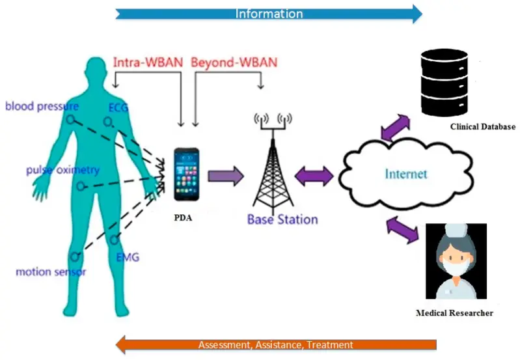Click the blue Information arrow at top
tap(269, 13)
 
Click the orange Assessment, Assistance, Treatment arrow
tap(275, 344)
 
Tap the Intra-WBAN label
tap(148, 63)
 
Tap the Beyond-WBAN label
tap(234, 63)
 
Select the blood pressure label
tap(42, 106)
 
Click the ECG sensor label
tap(118, 107)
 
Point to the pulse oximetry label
tap(62, 171)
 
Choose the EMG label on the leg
tap(128, 257)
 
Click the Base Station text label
tap(282, 219)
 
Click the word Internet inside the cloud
tap(406, 174)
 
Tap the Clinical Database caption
tap(482, 127)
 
